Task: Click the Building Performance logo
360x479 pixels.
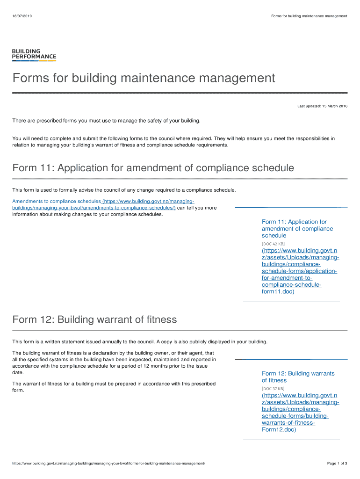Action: [x=34, y=55]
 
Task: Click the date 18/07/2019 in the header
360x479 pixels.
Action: [x=22, y=16]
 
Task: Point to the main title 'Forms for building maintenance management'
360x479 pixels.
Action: [x=144, y=78]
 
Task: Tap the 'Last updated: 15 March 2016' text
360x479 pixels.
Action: [x=322, y=106]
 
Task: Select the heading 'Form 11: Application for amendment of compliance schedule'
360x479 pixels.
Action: [x=153, y=168]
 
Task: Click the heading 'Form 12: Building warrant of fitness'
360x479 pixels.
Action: [x=95, y=320]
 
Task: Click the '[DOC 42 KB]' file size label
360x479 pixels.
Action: [x=273, y=244]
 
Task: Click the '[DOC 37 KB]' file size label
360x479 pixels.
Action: [x=273, y=388]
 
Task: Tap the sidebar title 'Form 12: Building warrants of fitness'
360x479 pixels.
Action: [x=298, y=377]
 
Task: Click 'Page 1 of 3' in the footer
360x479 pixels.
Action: [x=337, y=463]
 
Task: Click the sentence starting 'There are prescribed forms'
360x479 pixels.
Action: [x=106, y=121]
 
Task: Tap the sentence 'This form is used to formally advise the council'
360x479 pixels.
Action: [x=124, y=190]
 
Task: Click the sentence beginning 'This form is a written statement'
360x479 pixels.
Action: [x=140, y=341]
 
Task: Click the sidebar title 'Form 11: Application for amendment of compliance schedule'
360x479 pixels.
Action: [x=297, y=228]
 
